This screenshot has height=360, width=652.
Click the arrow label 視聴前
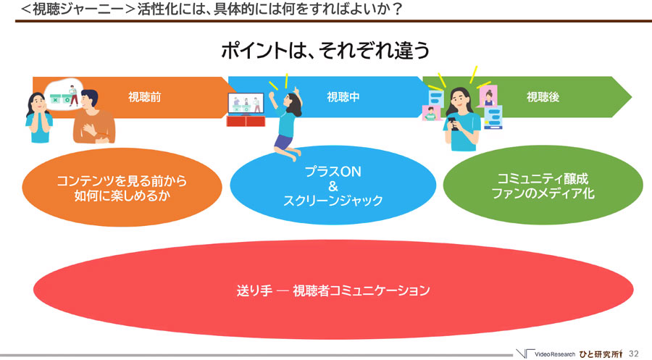(144, 97)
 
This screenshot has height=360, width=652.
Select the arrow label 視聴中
(343, 97)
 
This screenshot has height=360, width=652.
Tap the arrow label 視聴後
(543, 97)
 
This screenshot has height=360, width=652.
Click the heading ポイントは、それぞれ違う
(325, 50)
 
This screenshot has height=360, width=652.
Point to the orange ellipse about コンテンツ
(122, 188)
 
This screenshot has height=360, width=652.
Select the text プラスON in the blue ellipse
(333, 172)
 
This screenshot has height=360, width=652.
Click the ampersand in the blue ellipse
(333, 186)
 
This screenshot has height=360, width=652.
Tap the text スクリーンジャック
(333, 201)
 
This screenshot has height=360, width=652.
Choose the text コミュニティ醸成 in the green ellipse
(543, 179)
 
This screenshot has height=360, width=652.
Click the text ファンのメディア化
(543, 193)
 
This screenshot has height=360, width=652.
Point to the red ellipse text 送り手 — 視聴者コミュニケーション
(333, 290)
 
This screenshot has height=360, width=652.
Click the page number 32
(633, 353)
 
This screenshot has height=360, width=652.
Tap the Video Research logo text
(555, 355)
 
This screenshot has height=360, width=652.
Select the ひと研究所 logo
(601, 354)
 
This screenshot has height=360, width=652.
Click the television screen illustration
(246, 104)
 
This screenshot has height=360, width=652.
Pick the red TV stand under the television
(246, 121)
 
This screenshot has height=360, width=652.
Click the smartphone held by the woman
(454, 124)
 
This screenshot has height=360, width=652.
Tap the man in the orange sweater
(93, 117)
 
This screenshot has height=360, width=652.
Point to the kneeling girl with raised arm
(286, 124)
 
